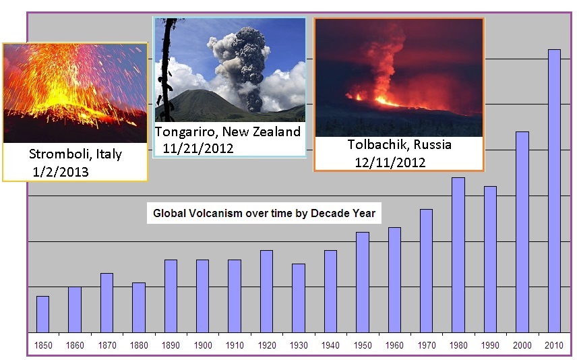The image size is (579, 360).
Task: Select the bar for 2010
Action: [x=554, y=191]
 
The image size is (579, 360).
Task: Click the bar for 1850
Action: [x=43, y=314]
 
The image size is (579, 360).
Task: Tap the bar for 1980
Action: [x=458, y=255]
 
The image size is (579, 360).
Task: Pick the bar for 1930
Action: [x=299, y=299]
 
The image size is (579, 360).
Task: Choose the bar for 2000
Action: [x=522, y=232]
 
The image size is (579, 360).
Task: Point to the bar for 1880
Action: [x=139, y=307]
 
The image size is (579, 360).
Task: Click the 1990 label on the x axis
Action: [x=490, y=346]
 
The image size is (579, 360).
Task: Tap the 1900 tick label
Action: [x=203, y=346]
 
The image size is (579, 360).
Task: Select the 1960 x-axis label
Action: [x=394, y=346]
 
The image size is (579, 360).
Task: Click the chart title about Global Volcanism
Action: [x=264, y=213]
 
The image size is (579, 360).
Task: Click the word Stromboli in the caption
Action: [x=61, y=154]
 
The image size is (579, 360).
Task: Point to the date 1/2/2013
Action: [x=61, y=172]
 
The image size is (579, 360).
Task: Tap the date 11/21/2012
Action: [x=198, y=148]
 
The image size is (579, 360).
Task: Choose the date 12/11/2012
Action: [x=390, y=162]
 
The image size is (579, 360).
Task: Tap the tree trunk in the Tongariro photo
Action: [x=165, y=70]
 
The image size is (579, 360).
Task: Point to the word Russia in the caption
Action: [x=433, y=144]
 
